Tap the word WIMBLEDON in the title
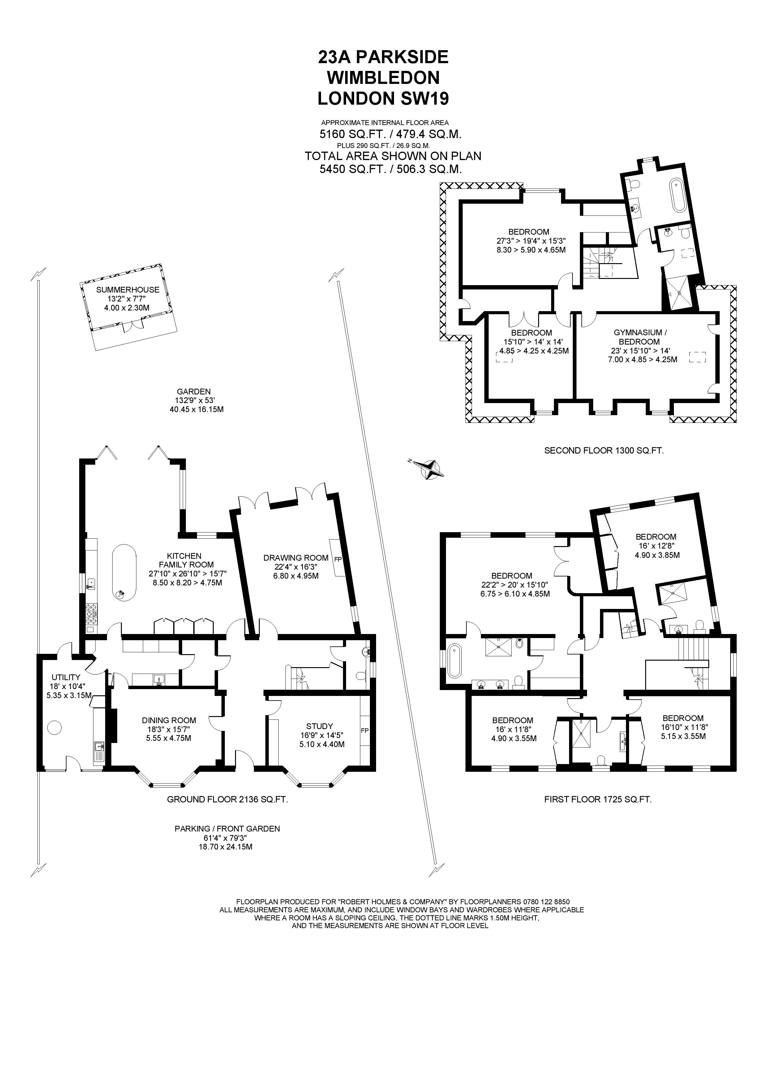[383, 78]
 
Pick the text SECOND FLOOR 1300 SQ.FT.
[603, 451]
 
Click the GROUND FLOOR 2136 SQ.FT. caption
[227, 800]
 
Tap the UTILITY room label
[66, 677]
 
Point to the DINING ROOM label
[169, 720]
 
